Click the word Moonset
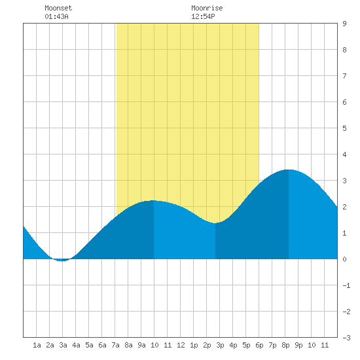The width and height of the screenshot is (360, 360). [x=58, y=8]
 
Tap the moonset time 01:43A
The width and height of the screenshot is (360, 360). [x=56, y=16]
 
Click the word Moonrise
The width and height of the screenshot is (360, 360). [x=207, y=8]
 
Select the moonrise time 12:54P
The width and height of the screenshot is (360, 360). [x=203, y=16]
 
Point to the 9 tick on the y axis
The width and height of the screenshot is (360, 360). [x=344, y=24]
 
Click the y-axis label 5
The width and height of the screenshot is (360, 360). [x=344, y=128]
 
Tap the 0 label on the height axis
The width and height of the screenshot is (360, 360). [x=344, y=259]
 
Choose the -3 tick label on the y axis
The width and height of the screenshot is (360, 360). [x=346, y=338]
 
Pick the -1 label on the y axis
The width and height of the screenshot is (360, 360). [x=346, y=285]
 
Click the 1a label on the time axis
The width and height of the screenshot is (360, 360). [x=37, y=345]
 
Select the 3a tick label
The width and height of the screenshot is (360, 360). [x=63, y=345]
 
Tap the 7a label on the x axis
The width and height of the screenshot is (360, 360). [x=115, y=345]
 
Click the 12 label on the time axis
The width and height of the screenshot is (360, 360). [x=181, y=345]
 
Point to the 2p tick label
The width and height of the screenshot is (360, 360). [x=207, y=345]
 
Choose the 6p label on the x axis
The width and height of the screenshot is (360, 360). [x=259, y=345]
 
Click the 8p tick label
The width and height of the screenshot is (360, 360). [x=285, y=345]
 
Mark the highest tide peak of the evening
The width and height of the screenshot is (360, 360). [x=289, y=170]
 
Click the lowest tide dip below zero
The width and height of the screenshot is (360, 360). [x=62, y=261]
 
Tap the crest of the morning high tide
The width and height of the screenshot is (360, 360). [x=153, y=200]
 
